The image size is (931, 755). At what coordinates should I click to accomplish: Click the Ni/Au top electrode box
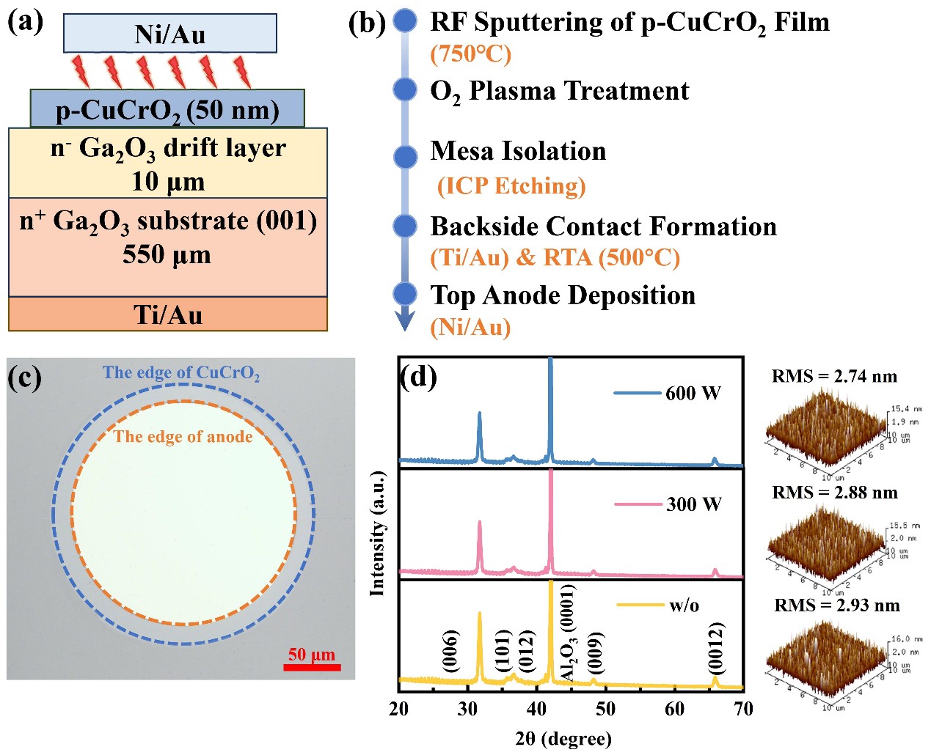click(x=170, y=34)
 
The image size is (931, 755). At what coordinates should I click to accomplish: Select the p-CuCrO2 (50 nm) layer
click(x=167, y=110)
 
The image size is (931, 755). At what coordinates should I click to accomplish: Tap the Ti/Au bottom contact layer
click(x=168, y=314)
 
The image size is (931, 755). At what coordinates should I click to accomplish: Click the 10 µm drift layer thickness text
click(x=168, y=181)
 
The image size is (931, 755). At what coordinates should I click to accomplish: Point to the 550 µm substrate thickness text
click(x=167, y=254)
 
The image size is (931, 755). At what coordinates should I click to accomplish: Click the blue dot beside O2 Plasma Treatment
click(x=405, y=89)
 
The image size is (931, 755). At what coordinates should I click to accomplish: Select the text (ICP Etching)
click(x=511, y=186)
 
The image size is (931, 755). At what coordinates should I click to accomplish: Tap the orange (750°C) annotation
click(x=470, y=54)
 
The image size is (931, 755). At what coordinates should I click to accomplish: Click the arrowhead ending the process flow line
click(x=405, y=320)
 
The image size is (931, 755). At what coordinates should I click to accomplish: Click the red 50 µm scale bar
click(x=312, y=667)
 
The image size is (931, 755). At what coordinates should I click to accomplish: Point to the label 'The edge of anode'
click(x=183, y=437)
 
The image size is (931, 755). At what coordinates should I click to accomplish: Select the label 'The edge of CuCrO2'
click(x=181, y=373)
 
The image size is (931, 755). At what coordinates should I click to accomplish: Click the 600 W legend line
click(x=638, y=393)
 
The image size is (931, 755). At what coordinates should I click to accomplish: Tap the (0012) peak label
click(x=717, y=648)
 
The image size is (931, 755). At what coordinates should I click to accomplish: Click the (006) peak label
click(x=451, y=650)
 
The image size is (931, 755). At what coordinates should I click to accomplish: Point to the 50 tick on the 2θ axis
click(x=606, y=708)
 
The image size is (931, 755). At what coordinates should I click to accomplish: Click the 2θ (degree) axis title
click(x=563, y=738)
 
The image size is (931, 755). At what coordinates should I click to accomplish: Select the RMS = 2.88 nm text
click(x=835, y=492)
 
